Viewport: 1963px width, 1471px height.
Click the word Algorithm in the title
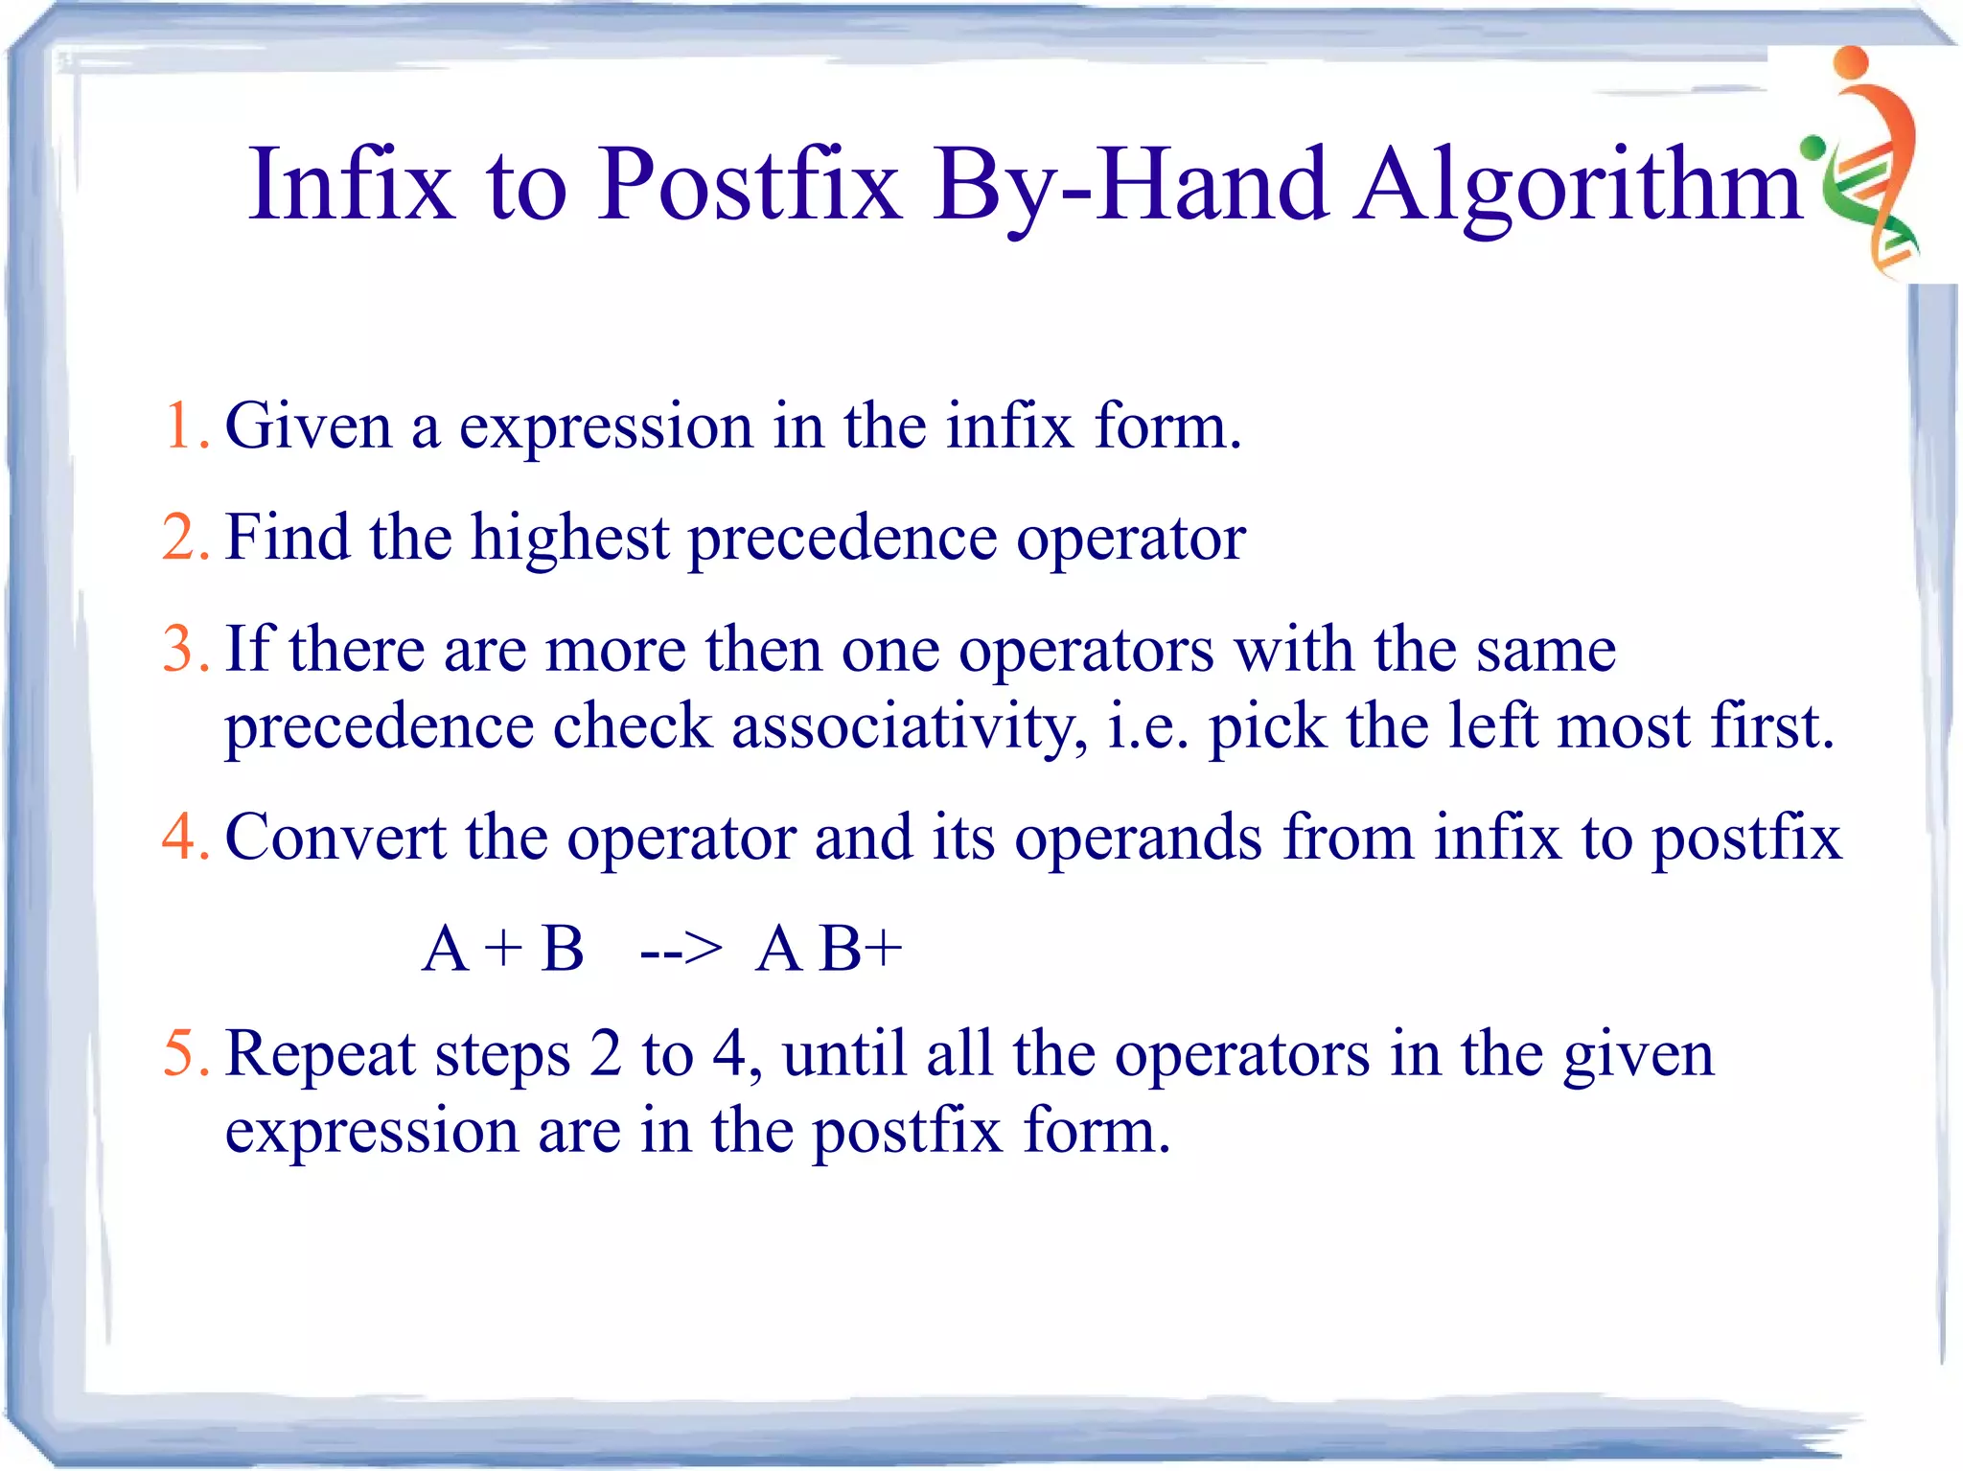tap(1580, 187)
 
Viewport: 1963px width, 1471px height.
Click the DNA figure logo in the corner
tap(1869, 163)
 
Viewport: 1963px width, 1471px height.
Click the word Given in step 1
tap(308, 425)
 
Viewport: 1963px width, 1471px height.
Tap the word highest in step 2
tap(569, 538)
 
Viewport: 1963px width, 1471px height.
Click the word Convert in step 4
tap(335, 838)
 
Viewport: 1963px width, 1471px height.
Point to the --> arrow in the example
tap(681, 950)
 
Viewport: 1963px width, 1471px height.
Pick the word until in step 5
tap(843, 1054)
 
